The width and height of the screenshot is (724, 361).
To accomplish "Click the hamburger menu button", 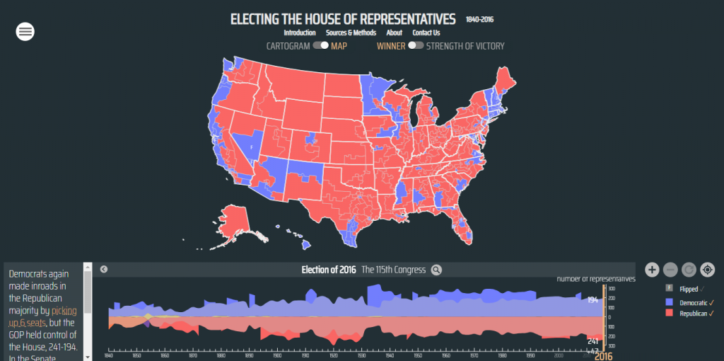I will coord(25,31).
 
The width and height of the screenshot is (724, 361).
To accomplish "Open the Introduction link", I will coord(300,33).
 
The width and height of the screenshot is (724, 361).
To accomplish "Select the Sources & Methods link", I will coord(351,33).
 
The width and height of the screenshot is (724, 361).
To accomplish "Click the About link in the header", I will coord(394,33).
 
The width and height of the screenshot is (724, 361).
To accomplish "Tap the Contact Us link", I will coord(426,33).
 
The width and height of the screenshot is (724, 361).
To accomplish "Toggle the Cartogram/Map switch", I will coord(321,46).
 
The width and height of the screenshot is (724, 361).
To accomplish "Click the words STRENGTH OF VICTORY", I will coord(465,46).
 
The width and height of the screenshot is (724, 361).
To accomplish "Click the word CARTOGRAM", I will coord(288,46).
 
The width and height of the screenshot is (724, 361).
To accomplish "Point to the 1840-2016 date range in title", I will coord(479,20).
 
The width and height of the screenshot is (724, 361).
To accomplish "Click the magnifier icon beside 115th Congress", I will coord(436,270).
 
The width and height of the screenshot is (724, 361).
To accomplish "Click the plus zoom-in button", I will coord(652,270).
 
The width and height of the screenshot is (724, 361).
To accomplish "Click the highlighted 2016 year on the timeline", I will coord(602,356).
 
